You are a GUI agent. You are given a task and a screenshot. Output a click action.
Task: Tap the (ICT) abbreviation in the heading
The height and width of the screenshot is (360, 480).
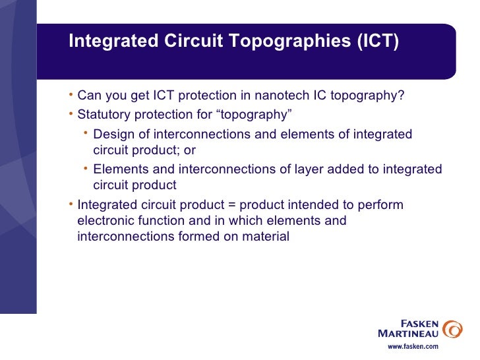click(378, 41)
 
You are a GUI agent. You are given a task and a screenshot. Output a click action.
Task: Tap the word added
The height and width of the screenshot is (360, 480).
click(339, 169)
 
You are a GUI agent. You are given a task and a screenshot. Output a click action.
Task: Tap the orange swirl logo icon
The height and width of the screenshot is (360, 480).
click(452, 328)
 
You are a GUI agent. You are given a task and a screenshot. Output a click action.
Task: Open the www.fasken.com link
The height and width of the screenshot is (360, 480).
click(412, 347)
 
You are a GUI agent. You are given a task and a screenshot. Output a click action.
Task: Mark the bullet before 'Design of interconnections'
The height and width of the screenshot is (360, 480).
click(87, 134)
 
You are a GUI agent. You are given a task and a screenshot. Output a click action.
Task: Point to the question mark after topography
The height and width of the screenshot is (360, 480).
click(402, 96)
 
